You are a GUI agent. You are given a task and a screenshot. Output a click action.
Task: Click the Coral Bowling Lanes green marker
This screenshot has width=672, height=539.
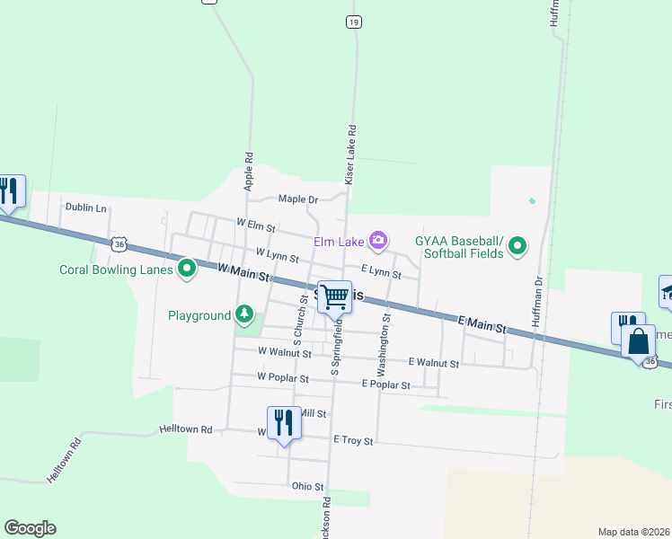[x=187, y=268]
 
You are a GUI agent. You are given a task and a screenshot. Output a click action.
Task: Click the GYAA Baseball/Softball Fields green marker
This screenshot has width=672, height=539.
[x=517, y=245]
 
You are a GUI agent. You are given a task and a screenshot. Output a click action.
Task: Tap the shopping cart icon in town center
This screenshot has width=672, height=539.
[x=334, y=296]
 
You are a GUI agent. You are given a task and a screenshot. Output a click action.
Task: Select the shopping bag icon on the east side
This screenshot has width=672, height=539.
[x=639, y=341]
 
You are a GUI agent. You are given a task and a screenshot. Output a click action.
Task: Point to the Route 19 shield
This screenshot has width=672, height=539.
[x=354, y=22]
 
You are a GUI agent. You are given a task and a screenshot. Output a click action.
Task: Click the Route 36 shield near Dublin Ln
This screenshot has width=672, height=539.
[x=120, y=243]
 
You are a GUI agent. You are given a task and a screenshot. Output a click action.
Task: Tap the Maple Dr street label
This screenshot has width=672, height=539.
[x=298, y=199]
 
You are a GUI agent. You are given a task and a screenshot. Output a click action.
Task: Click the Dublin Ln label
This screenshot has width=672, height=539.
[x=85, y=208]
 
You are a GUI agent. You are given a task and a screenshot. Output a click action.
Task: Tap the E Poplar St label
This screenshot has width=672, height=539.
[x=385, y=384]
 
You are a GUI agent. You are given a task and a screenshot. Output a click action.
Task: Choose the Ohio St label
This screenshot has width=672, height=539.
[x=307, y=486]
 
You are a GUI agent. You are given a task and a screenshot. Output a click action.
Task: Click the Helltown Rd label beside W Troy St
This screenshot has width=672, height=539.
[x=186, y=430]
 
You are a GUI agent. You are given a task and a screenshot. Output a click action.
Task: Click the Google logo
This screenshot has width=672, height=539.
[x=31, y=528]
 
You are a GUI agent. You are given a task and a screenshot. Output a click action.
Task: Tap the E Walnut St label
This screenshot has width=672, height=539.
[x=433, y=363]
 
